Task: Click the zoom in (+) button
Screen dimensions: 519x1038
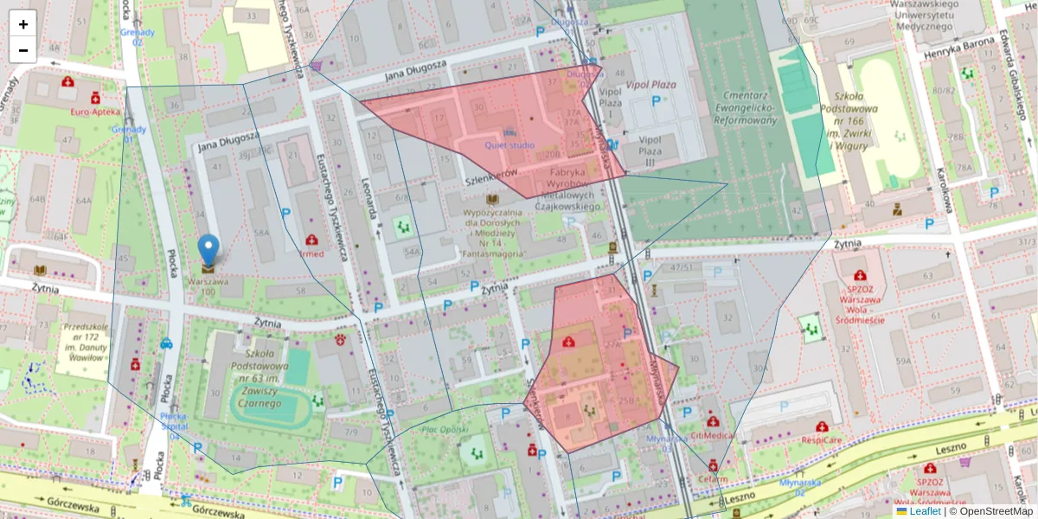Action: click(x=23, y=24)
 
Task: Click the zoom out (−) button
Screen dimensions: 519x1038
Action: click(x=23, y=50)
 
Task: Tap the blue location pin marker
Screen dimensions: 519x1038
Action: click(x=208, y=250)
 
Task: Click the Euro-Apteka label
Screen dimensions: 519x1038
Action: click(x=94, y=112)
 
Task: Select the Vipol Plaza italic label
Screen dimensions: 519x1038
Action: click(x=650, y=85)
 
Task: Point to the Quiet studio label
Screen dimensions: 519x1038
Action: click(x=509, y=145)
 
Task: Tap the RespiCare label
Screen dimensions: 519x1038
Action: click(x=821, y=439)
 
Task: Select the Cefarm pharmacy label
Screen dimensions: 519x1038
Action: click(x=713, y=478)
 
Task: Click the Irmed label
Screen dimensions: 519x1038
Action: click(x=311, y=253)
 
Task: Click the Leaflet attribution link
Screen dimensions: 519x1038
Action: click(x=926, y=511)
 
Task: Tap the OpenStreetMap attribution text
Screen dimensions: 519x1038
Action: click(x=995, y=511)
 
